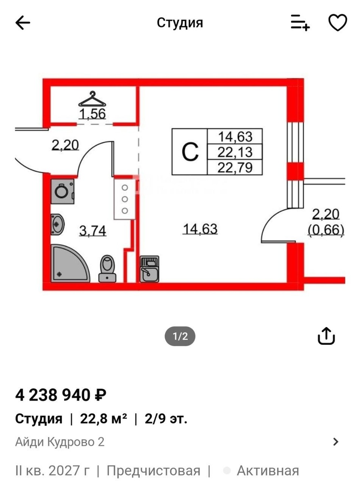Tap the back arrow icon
click(x=23, y=23)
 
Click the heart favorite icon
click(x=338, y=23)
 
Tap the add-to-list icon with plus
click(x=300, y=23)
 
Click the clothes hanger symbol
click(x=92, y=99)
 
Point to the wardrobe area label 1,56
click(x=92, y=114)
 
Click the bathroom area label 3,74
click(x=92, y=231)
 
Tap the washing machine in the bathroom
click(x=63, y=192)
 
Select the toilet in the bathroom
click(x=107, y=269)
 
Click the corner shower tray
click(x=70, y=264)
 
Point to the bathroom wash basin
click(x=57, y=225)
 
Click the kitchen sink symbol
click(x=149, y=269)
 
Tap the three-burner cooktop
click(x=125, y=199)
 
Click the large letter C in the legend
click(x=190, y=152)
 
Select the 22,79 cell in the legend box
click(x=235, y=167)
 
